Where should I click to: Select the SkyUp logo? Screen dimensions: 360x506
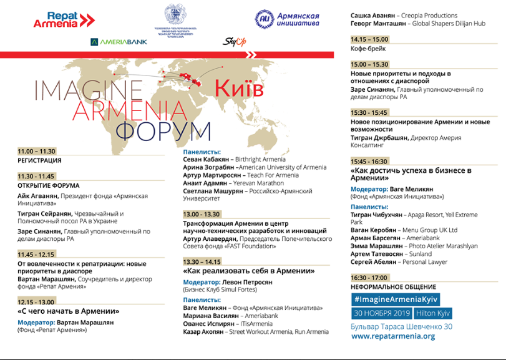(x=232, y=42)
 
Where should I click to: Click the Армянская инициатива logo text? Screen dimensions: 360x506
(x=298, y=19)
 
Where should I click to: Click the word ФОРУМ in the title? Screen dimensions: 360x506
(x=164, y=131)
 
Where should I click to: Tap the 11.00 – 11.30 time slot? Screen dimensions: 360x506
(x=37, y=152)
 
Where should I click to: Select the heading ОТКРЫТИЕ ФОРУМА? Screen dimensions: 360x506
(x=49, y=185)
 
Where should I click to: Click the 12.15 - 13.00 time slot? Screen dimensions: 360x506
(x=37, y=301)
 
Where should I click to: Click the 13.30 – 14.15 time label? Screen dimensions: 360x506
(x=203, y=261)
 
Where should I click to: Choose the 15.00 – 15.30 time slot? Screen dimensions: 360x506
(x=369, y=64)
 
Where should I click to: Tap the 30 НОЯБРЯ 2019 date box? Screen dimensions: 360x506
(x=379, y=313)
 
